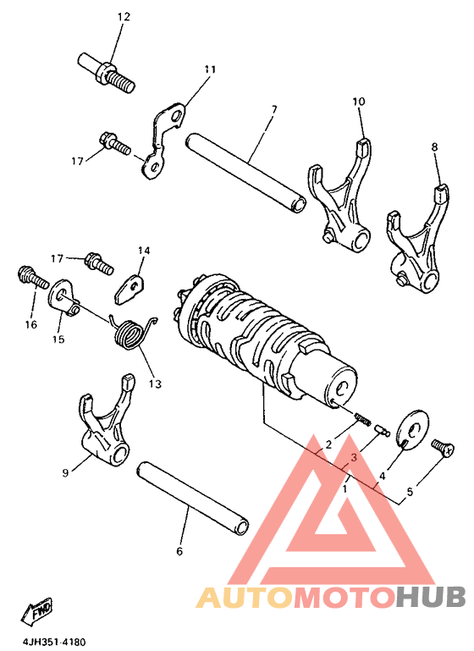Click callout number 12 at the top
(124, 17)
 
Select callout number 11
(210, 69)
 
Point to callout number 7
(274, 109)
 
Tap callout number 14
(143, 251)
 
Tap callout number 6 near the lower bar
(179, 551)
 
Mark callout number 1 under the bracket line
(344, 488)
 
